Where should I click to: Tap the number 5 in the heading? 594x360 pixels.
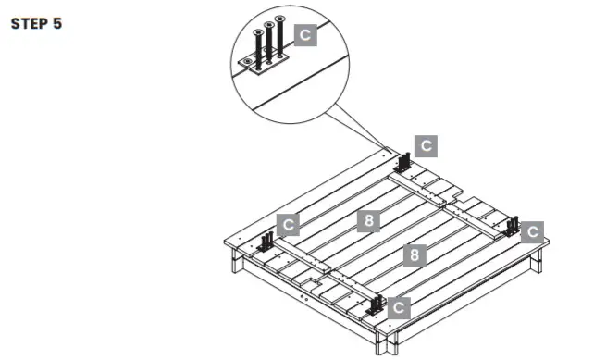coord(57,24)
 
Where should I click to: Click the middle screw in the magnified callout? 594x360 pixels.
coord(267,44)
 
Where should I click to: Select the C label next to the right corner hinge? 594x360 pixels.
coord(532,231)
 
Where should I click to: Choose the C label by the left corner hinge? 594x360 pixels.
coord(289,225)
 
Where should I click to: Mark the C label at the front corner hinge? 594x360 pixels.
coord(398,307)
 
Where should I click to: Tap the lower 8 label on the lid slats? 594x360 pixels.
coord(415,254)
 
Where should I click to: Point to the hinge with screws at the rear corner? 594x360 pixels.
coord(404,161)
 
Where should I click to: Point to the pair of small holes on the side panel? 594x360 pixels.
coord(308,295)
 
